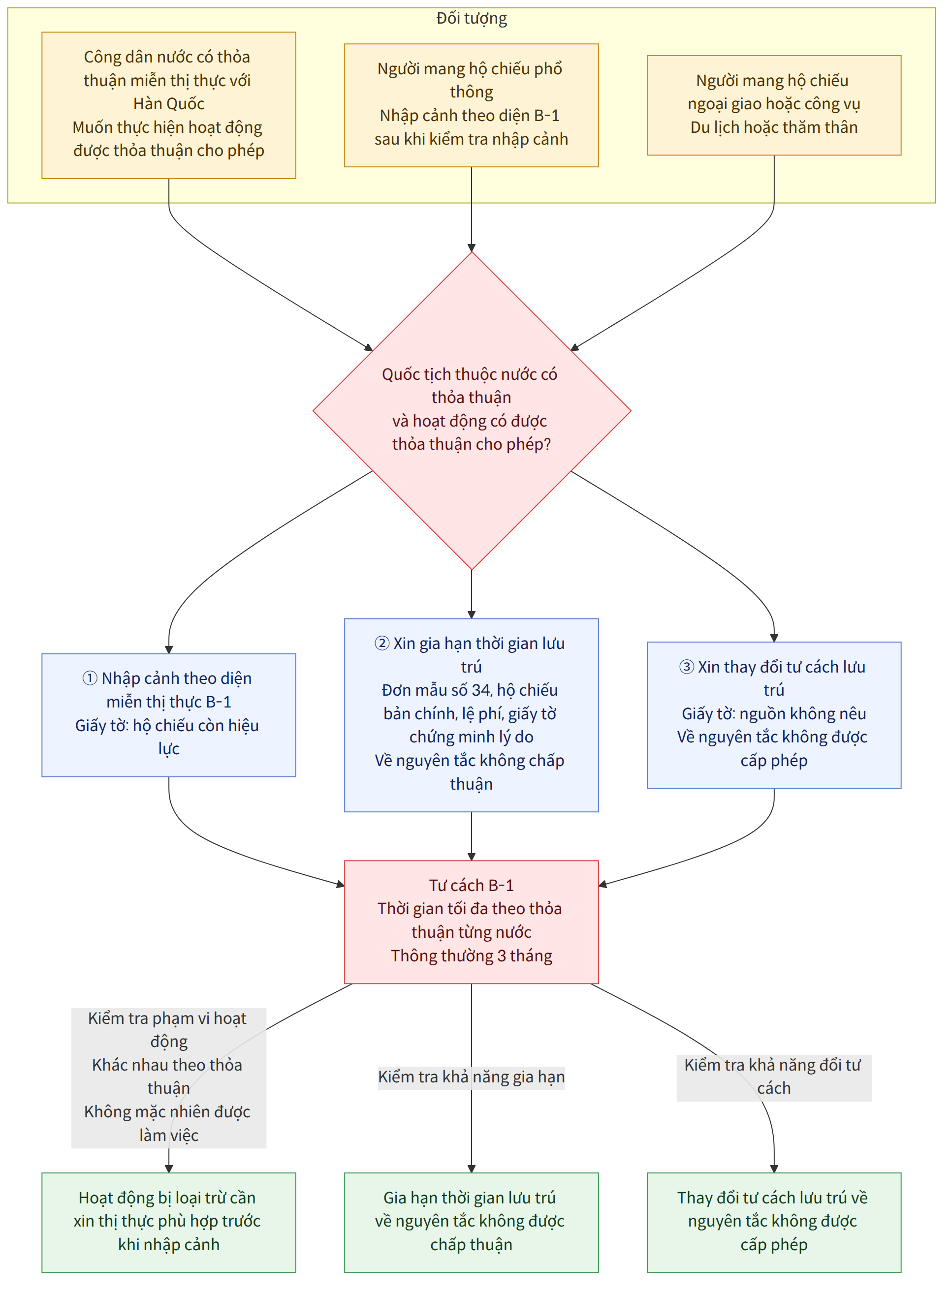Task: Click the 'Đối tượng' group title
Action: [x=472, y=18]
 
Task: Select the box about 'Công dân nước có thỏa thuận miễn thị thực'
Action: [x=169, y=105]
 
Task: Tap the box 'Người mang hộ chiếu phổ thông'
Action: [x=472, y=105]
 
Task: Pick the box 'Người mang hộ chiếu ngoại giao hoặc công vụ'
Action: [x=774, y=105]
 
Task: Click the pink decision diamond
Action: [x=472, y=411]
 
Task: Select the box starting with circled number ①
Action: [x=169, y=715]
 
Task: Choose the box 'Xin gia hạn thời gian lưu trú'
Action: [x=472, y=715]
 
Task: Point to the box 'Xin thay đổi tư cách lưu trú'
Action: [x=774, y=715]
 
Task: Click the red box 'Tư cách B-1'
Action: [x=472, y=922]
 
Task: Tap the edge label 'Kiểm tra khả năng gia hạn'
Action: [x=472, y=1077]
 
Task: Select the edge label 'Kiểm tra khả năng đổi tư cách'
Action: [x=774, y=1077]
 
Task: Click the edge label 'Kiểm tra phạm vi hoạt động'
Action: [x=169, y=1077]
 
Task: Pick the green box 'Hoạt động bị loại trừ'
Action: [x=169, y=1222]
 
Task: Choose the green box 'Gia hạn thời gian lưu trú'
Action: [x=472, y=1222]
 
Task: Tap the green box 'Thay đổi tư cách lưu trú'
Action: [x=774, y=1222]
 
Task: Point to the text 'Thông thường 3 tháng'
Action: [x=472, y=956]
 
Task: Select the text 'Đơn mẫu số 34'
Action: [x=436, y=690]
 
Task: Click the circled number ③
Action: [x=687, y=667]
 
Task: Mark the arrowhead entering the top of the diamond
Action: [x=472, y=248]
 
